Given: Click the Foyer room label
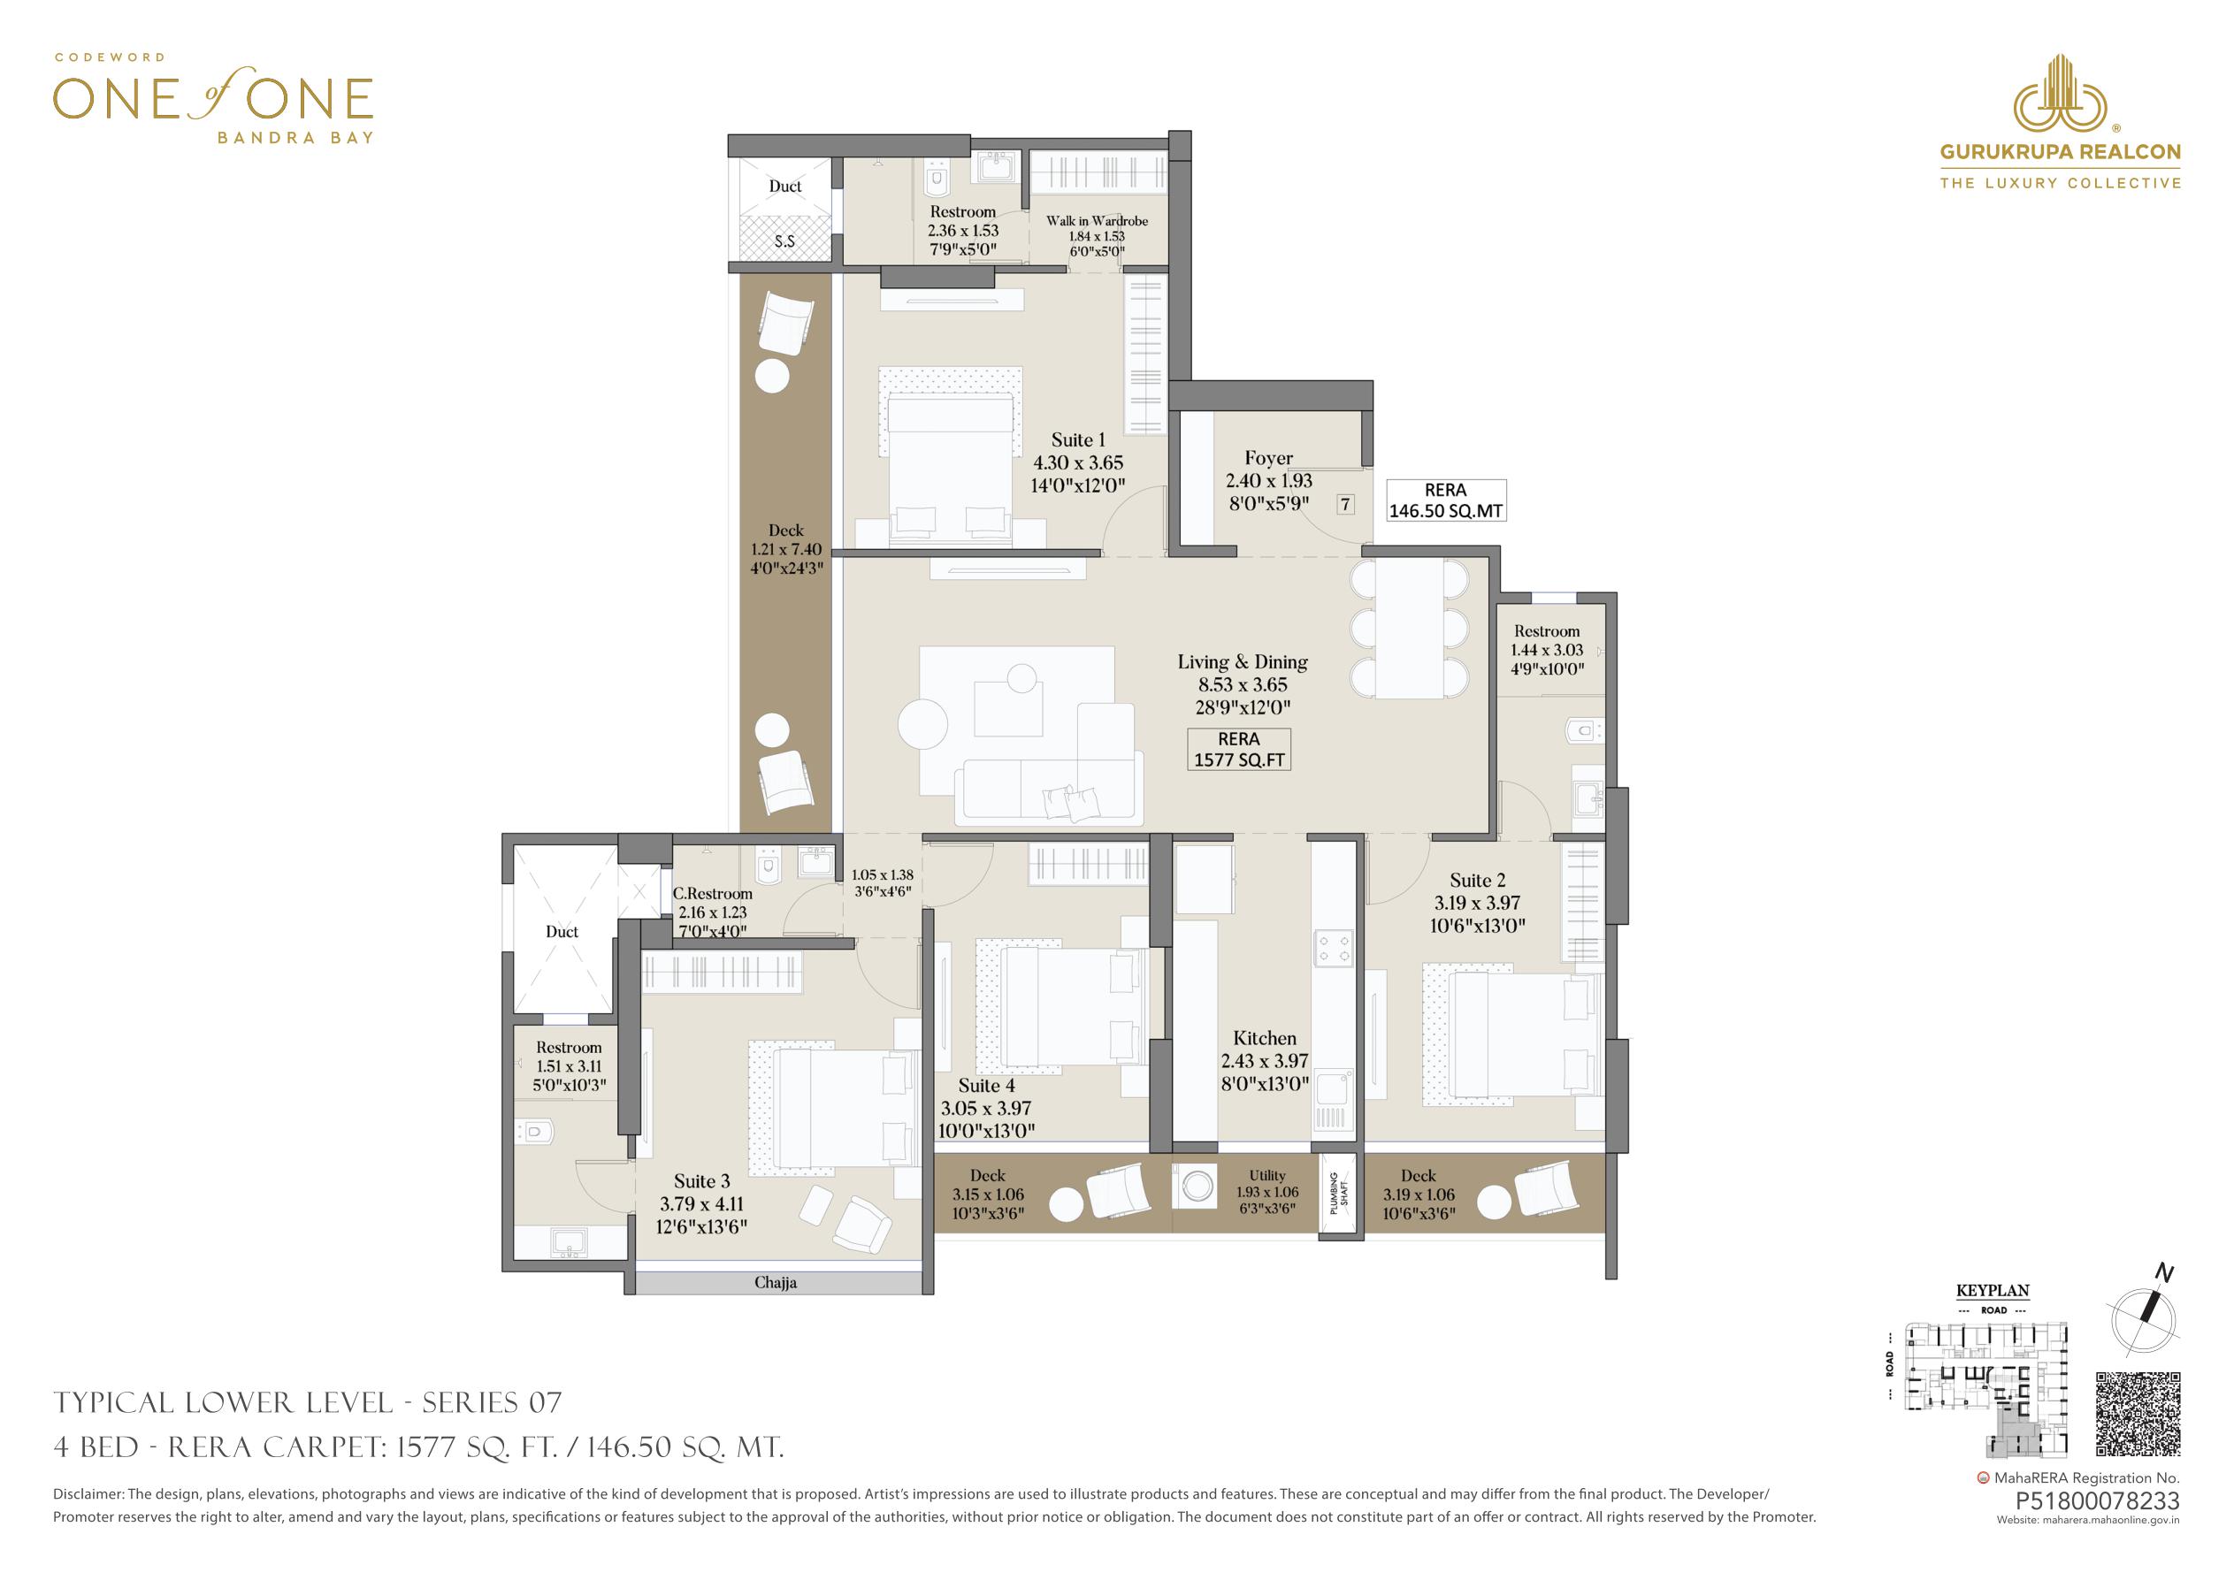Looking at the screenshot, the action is pyautogui.click(x=1269, y=458).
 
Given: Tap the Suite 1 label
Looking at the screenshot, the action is pyautogui.click(x=1078, y=439).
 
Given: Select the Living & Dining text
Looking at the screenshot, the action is pyautogui.click(x=1243, y=662).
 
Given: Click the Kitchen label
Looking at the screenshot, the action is pyautogui.click(x=1265, y=1039).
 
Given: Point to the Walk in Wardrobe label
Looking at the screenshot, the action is pyautogui.click(x=1097, y=221).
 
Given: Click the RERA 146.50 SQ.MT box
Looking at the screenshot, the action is pyautogui.click(x=1445, y=500).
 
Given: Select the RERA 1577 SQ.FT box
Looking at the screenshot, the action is pyautogui.click(x=1239, y=749).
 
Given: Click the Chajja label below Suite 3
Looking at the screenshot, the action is pyautogui.click(x=776, y=1282).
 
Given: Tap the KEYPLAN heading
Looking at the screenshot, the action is pyautogui.click(x=1993, y=1291).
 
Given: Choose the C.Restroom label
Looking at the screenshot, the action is pyautogui.click(x=712, y=893).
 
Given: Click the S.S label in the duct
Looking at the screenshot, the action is pyautogui.click(x=784, y=240).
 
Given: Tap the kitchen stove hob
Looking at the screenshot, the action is pyautogui.click(x=1333, y=950).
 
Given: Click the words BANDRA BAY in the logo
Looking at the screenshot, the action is pyautogui.click(x=295, y=137).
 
